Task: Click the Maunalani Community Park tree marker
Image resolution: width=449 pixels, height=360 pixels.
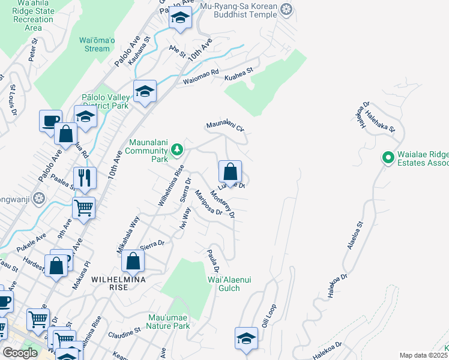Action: (x=176, y=149)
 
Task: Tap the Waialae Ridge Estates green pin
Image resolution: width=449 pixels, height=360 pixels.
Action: (x=388, y=158)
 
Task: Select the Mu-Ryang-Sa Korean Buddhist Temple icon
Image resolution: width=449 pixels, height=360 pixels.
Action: (x=286, y=9)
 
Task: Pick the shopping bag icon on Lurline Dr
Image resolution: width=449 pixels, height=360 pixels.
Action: (x=230, y=172)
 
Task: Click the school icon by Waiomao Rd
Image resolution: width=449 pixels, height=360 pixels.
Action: (x=145, y=92)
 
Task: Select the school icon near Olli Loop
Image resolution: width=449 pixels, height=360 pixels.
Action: (x=246, y=338)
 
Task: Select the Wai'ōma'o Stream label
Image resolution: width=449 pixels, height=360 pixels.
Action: (x=95, y=45)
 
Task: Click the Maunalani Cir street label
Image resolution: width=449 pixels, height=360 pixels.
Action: (x=226, y=127)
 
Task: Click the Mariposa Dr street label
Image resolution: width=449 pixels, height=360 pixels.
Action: (x=208, y=203)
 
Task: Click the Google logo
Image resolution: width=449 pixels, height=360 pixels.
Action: (x=20, y=353)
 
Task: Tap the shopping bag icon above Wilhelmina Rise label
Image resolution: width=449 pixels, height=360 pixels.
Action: (x=133, y=260)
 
